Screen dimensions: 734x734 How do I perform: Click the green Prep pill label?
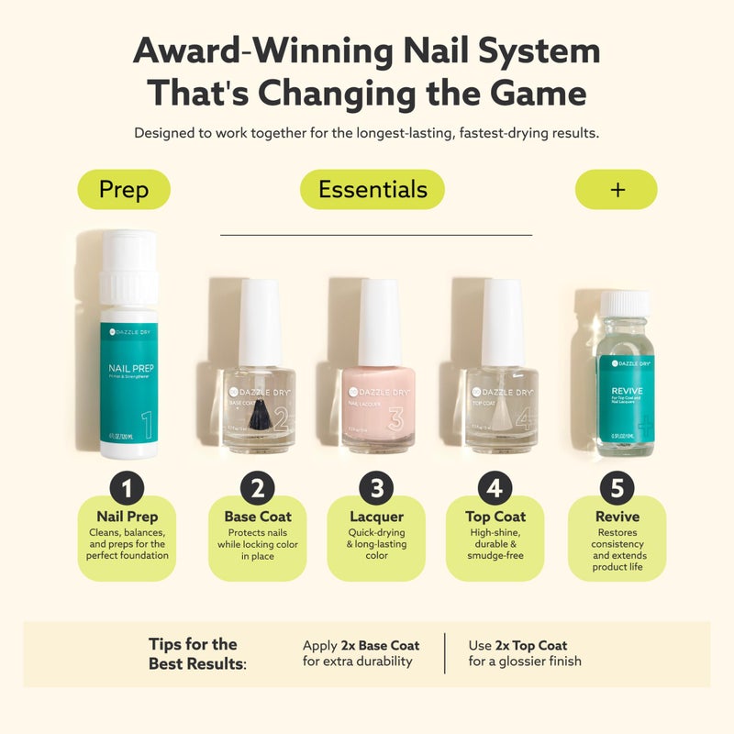(124, 190)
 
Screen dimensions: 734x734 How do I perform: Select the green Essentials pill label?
(373, 190)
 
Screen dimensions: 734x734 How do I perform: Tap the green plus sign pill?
(617, 190)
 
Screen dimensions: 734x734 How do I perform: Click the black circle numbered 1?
(128, 486)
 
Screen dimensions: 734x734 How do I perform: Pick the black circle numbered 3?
(377, 486)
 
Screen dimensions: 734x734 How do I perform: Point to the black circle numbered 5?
(616, 486)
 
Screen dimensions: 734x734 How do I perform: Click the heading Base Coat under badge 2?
(258, 517)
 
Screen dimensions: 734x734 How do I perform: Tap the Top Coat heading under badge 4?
(495, 517)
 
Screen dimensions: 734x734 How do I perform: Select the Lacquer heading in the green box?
(377, 517)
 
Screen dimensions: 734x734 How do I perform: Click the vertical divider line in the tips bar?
(445, 653)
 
